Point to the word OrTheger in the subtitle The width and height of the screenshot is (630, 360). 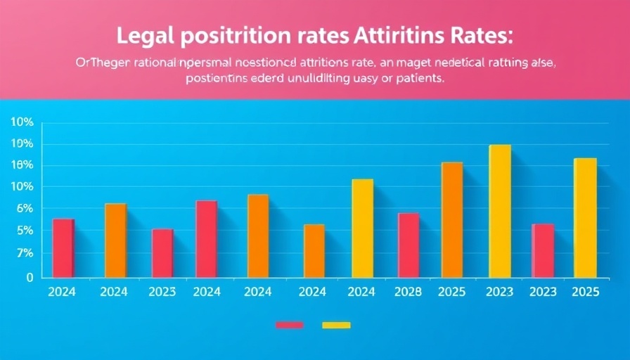click(x=98, y=63)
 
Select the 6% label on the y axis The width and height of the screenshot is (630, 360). click(x=24, y=209)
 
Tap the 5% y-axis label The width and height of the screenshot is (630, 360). click(x=24, y=231)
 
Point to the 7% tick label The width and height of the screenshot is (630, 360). click(x=24, y=253)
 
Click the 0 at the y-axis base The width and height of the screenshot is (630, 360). click(x=30, y=278)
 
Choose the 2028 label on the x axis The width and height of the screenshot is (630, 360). click(x=407, y=292)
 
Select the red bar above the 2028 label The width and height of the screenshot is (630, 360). click(x=408, y=245)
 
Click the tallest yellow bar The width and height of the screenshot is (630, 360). click(x=500, y=211)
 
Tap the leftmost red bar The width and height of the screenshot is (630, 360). click(x=63, y=247)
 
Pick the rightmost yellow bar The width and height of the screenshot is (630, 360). click(x=585, y=217)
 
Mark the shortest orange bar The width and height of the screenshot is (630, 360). click(x=314, y=250)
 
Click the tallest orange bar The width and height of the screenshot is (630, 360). click(x=452, y=219)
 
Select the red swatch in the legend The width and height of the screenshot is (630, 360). click(x=289, y=325)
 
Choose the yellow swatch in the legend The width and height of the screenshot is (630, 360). click(x=336, y=325)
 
